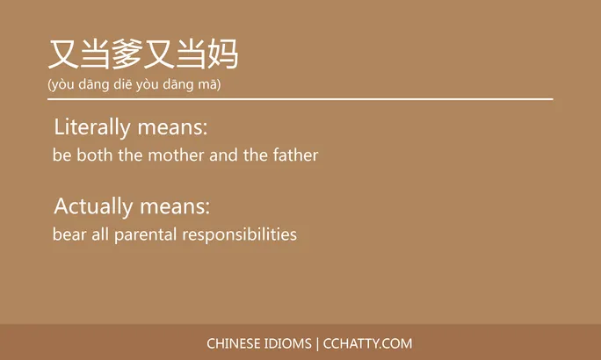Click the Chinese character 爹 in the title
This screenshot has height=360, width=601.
tap(127, 54)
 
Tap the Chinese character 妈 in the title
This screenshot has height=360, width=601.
tap(222, 54)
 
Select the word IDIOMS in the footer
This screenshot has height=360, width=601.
tap(288, 343)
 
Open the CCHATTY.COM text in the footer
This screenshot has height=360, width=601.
tap(367, 343)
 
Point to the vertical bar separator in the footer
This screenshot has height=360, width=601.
tap(317, 343)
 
